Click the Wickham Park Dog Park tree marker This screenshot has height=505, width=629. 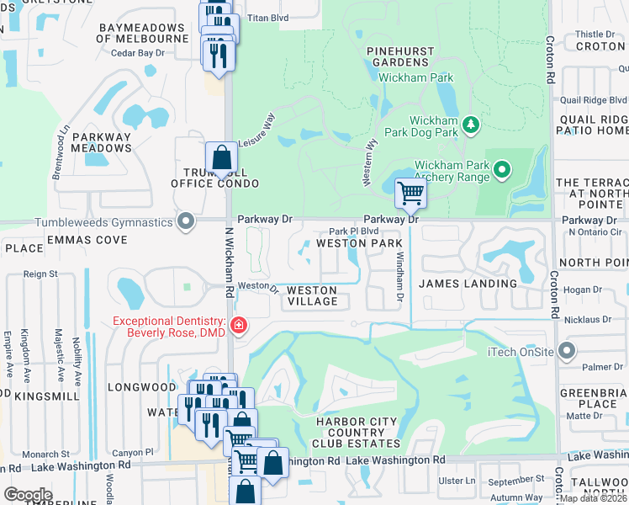(472, 125)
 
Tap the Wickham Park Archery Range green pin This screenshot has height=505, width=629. (502, 170)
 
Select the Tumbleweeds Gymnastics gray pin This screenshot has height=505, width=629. (187, 222)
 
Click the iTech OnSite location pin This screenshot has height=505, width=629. (568, 351)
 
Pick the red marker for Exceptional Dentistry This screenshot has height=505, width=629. (239, 325)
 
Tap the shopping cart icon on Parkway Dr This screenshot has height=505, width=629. (410, 193)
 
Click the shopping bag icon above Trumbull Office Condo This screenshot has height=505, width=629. (220, 157)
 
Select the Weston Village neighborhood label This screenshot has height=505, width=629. (312, 296)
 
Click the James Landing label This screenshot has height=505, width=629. (468, 284)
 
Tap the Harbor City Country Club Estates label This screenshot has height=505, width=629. (350, 432)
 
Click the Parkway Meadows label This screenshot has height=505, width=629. (102, 142)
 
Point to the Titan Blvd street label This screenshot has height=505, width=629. (267, 17)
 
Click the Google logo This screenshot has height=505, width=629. (28, 495)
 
